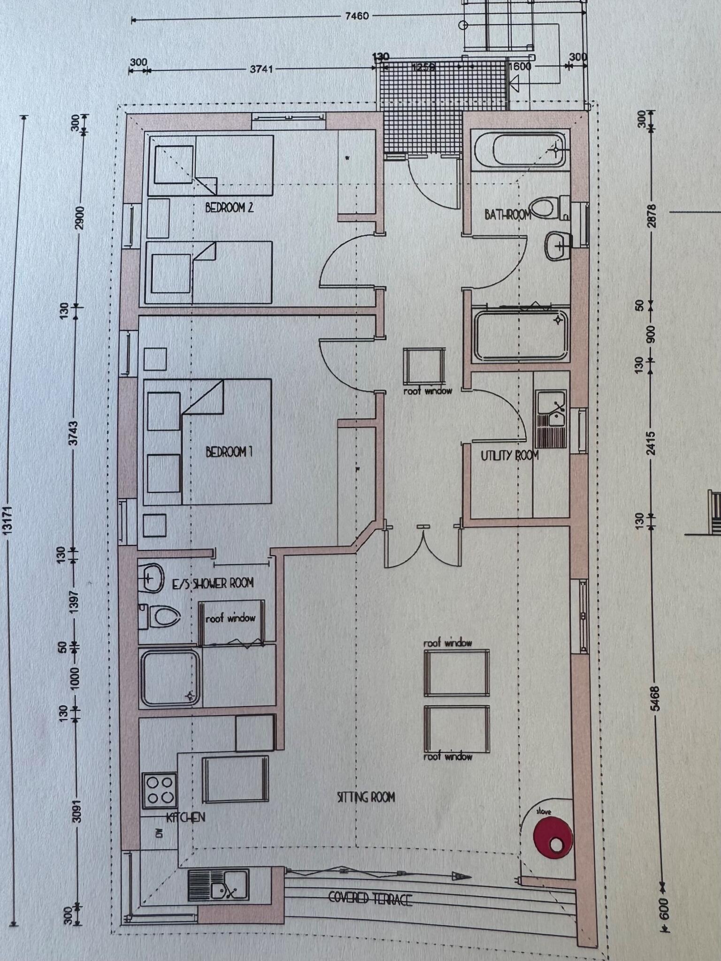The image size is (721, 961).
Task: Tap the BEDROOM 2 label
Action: (229, 207)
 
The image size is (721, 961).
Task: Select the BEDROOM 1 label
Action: (229, 452)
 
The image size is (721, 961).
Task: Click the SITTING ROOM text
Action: (366, 797)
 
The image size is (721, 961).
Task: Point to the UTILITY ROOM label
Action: (509, 455)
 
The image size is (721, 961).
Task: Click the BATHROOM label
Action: (507, 215)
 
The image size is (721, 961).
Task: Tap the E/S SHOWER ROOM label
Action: (213, 583)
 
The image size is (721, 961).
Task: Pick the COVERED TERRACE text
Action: (370, 899)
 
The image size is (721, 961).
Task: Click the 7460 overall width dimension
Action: (357, 16)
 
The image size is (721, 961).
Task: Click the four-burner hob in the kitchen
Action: (160, 790)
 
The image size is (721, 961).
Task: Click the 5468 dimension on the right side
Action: (655, 698)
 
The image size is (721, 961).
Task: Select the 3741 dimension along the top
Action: (261, 69)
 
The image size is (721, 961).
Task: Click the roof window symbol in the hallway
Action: (424, 366)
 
